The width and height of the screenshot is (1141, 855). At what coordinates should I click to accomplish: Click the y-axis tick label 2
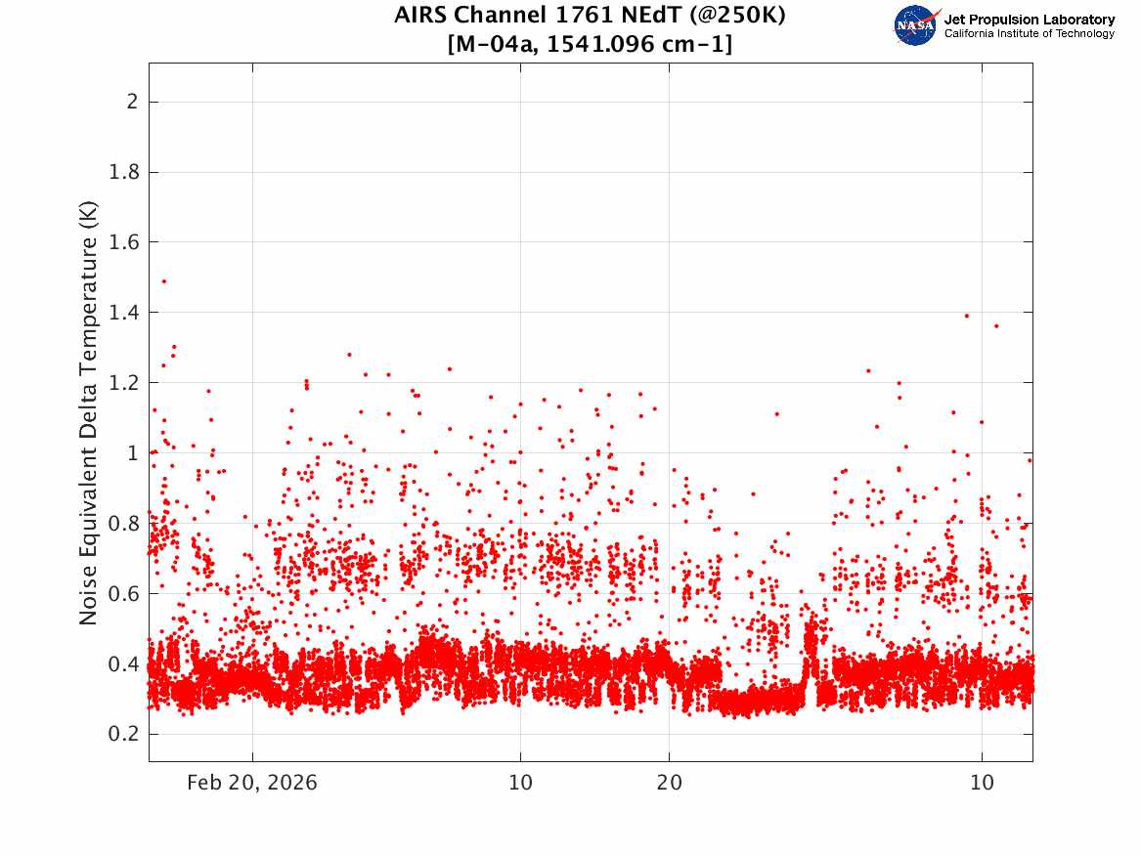click(x=132, y=102)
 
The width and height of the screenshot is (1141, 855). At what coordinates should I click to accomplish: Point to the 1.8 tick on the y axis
click(x=123, y=172)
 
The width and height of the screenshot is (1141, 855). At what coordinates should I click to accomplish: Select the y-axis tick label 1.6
click(x=123, y=242)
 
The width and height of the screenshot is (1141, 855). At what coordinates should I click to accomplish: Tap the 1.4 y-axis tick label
click(x=123, y=313)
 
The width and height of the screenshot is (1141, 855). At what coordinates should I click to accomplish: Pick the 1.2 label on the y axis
click(x=123, y=382)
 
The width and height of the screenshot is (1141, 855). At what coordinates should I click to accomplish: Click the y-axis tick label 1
click(x=133, y=453)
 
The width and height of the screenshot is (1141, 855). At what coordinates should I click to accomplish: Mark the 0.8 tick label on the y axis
click(x=123, y=524)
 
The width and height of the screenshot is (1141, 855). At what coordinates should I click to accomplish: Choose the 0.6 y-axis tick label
click(x=123, y=593)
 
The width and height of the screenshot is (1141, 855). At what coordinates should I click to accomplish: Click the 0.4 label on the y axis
click(x=123, y=663)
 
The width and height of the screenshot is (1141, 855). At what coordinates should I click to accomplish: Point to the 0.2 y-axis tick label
click(x=123, y=734)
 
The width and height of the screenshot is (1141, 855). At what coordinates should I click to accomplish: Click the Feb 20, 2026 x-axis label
click(x=252, y=783)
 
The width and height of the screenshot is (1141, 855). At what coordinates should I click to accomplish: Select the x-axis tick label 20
click(x=670, y=783)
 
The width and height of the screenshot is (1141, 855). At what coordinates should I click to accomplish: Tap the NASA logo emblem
click(x=916, y=25)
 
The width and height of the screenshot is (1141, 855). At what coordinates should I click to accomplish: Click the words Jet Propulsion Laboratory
click(x=1030, y=19)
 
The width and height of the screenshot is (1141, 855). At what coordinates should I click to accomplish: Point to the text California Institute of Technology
click(x=1030, y=33)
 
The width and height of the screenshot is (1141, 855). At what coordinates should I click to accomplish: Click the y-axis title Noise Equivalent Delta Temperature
click(x=88, y=412)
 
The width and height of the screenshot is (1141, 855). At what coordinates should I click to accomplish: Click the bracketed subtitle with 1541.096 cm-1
click(x=591, y=44)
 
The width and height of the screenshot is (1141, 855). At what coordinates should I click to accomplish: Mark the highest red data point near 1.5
click(x=163, y=280)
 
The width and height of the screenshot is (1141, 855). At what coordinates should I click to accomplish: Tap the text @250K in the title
click(x=738, y=15)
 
